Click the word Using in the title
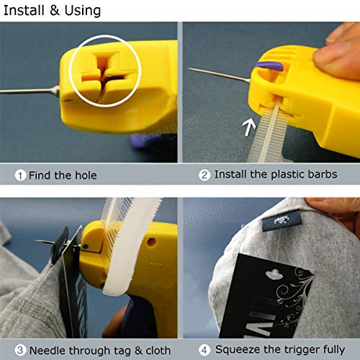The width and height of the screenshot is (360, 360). click(x=79, y=12)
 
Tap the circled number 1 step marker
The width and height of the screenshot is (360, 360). click(x=20, y=175)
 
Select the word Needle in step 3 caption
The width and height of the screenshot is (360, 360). click(x=45, y=350)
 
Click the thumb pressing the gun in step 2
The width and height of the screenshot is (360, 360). click(x=338, y=54)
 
